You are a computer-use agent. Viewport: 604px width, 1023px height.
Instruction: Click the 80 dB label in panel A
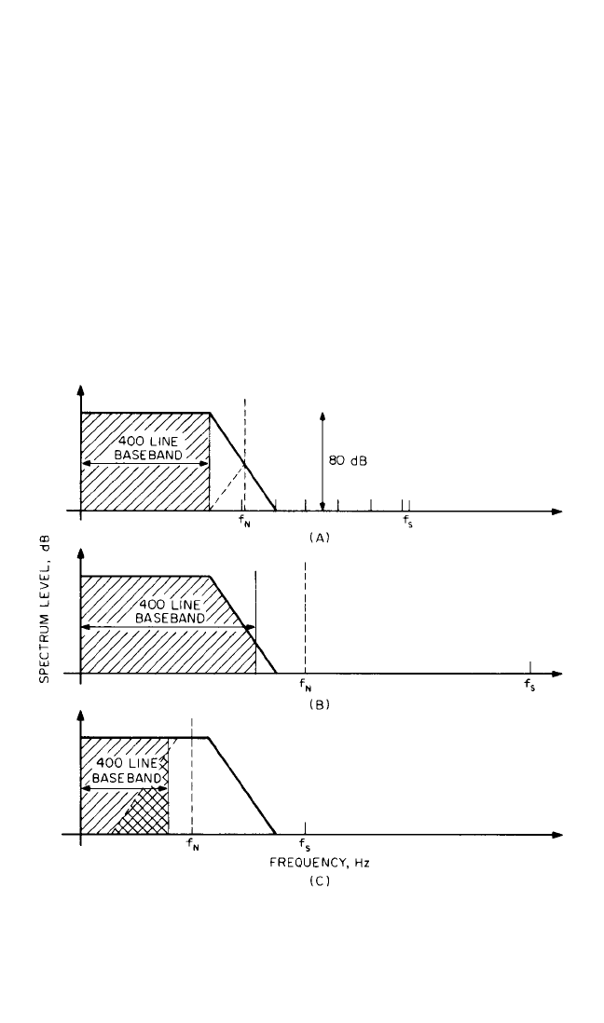pos(348,461)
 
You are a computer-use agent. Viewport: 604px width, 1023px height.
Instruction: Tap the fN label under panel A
pos(243,523)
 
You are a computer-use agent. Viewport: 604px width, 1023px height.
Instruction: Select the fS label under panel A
pos(406,523)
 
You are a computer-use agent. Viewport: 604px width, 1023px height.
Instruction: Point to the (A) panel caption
pos(320,538)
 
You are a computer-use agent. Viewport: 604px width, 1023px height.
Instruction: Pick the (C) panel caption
pos(320,881)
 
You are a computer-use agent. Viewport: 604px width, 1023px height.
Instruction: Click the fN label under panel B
pos(305,685)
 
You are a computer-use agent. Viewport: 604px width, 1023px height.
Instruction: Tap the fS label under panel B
pos(529,685)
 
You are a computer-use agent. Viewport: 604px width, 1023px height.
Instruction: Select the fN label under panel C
pos(193,844)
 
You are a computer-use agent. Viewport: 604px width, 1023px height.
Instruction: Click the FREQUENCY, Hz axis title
pos(320,863)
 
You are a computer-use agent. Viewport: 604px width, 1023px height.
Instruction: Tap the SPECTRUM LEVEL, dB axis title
pos(45,609)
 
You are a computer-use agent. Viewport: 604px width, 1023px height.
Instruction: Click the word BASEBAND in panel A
pos(148,455)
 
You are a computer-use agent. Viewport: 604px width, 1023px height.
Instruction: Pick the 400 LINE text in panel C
pos(127,763)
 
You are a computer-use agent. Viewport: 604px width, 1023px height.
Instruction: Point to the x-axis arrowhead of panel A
pos(557,511)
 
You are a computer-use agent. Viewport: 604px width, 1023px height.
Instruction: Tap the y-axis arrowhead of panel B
pos(80,553)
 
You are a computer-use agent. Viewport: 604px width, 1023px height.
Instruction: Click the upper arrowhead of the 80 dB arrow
pos(322,416)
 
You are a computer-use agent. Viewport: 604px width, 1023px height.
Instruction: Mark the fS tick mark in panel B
pos(530,667)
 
